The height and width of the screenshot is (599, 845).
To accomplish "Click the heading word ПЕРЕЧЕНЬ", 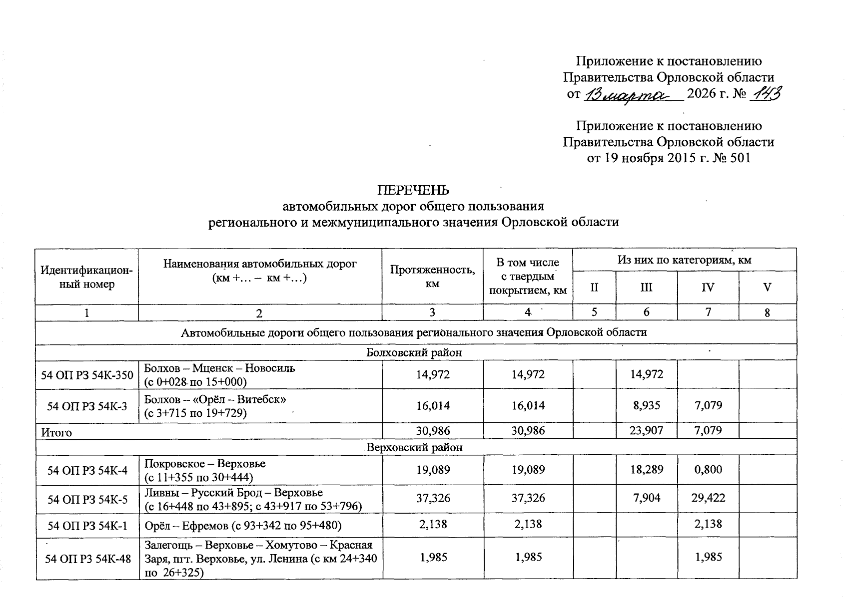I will tap(413, 190).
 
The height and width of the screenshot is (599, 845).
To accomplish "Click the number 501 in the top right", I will tap(740, 158).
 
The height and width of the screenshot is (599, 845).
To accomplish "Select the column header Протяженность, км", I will tap(432, 276).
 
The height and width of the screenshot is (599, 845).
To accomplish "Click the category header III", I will tap(646, 288).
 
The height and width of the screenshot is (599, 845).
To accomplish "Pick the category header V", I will tap(767, 288).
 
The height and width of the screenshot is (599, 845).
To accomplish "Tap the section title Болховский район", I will tap(414, 352).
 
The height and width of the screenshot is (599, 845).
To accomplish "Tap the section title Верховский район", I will tap(414, 447).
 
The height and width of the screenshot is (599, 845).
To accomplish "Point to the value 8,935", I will tap(647, 405).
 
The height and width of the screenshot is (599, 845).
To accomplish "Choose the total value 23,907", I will tap(646, 431).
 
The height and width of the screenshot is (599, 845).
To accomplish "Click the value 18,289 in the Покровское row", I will tap(647, 470).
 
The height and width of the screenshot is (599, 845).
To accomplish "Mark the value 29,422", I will tap(708, 498).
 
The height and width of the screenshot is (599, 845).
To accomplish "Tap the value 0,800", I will tap(708, 470).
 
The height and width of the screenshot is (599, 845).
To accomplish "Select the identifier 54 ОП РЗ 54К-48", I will tap(87, 558).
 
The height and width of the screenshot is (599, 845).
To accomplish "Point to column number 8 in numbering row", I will tap(767, 313).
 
